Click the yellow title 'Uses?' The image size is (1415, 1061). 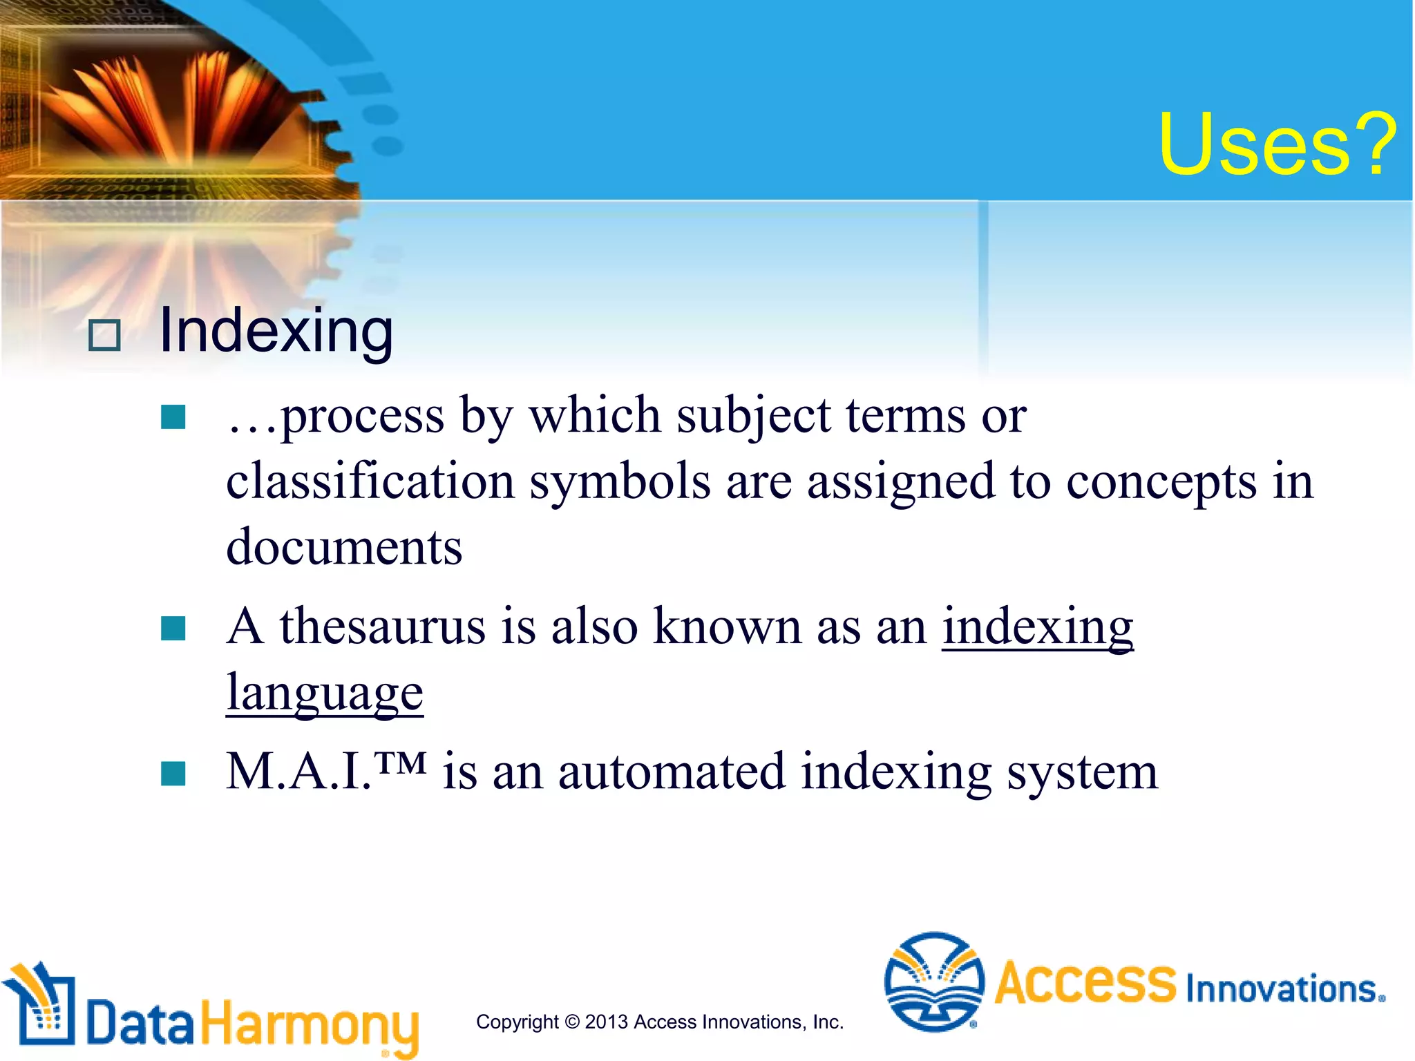1277,145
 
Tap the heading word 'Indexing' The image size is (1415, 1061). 276,332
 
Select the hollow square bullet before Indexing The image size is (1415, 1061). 105,336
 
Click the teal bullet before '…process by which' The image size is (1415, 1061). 173,417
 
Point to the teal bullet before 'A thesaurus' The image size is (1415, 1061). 173,629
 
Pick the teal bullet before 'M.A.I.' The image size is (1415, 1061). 173,774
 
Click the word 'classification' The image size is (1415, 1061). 370,481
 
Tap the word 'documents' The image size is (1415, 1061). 344,547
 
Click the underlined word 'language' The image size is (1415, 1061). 325,692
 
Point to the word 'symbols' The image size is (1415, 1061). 620,482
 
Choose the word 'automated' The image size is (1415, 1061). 671,772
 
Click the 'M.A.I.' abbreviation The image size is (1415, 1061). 298,772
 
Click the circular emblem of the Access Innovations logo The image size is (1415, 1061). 933,982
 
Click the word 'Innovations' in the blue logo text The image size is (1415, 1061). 1282,988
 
